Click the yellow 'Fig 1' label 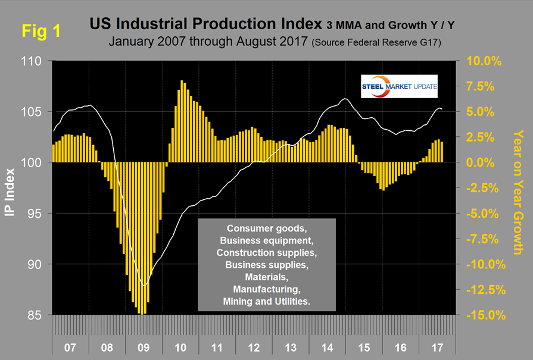(40, 32)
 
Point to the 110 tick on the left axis (32, 61)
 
